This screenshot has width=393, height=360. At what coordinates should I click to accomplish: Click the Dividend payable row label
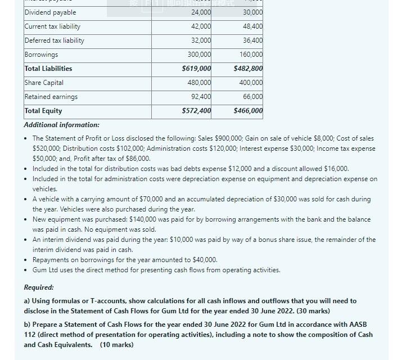click(51, 12)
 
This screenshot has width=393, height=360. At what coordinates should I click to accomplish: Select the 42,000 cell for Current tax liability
click(201, 26)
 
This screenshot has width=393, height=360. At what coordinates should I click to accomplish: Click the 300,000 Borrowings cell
click(200, 55)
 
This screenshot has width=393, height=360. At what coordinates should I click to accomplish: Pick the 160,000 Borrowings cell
click(251, 55)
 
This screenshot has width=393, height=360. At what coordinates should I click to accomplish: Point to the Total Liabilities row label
click(48, 69)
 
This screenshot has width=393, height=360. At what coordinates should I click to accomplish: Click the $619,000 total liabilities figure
click(197, 69)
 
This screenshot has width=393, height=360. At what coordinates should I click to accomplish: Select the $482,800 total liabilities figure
click(248, 69)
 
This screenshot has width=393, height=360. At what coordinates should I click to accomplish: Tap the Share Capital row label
click(44, 83)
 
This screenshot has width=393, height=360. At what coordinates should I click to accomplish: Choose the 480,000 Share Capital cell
click(200, 83)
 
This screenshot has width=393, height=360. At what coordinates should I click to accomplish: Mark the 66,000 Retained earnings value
click(252, 97)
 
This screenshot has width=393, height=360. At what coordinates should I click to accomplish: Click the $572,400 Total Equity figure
click(197, 111)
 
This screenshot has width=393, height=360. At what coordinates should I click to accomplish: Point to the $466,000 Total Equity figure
click(248, 111)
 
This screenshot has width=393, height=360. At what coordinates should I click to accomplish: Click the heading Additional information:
click(62, 125)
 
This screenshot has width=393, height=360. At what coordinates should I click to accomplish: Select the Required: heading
click(39, 287)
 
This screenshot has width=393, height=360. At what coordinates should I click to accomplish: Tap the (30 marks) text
click(311, 311)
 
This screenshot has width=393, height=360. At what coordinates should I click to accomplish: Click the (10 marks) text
click(117, 344)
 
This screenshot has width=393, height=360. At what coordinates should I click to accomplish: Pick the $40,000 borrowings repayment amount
click(202, 260)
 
